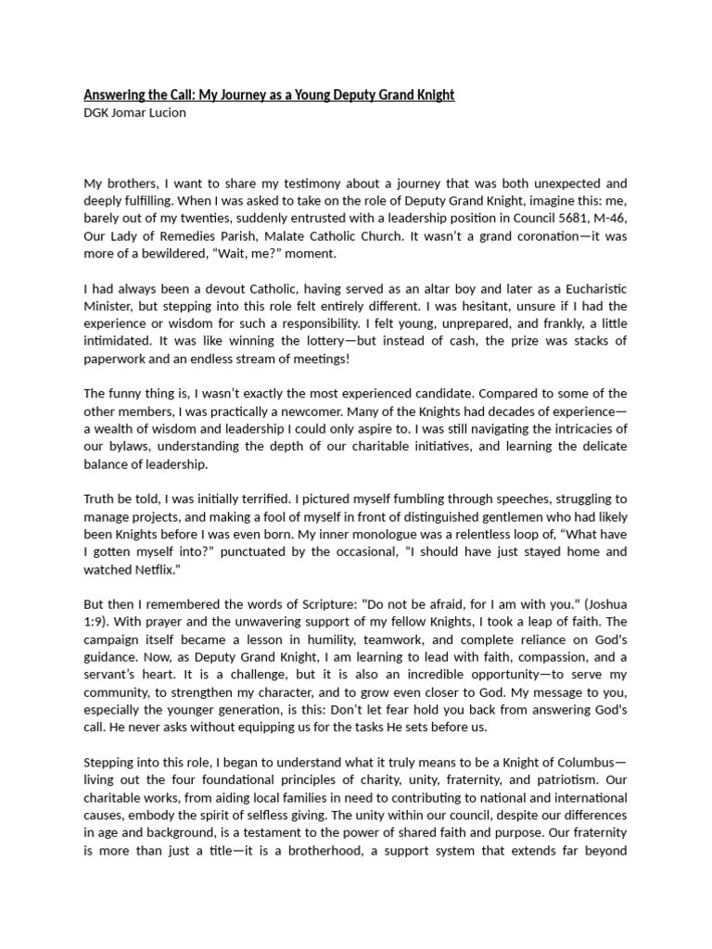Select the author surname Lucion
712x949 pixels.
click(x=164, y=113)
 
